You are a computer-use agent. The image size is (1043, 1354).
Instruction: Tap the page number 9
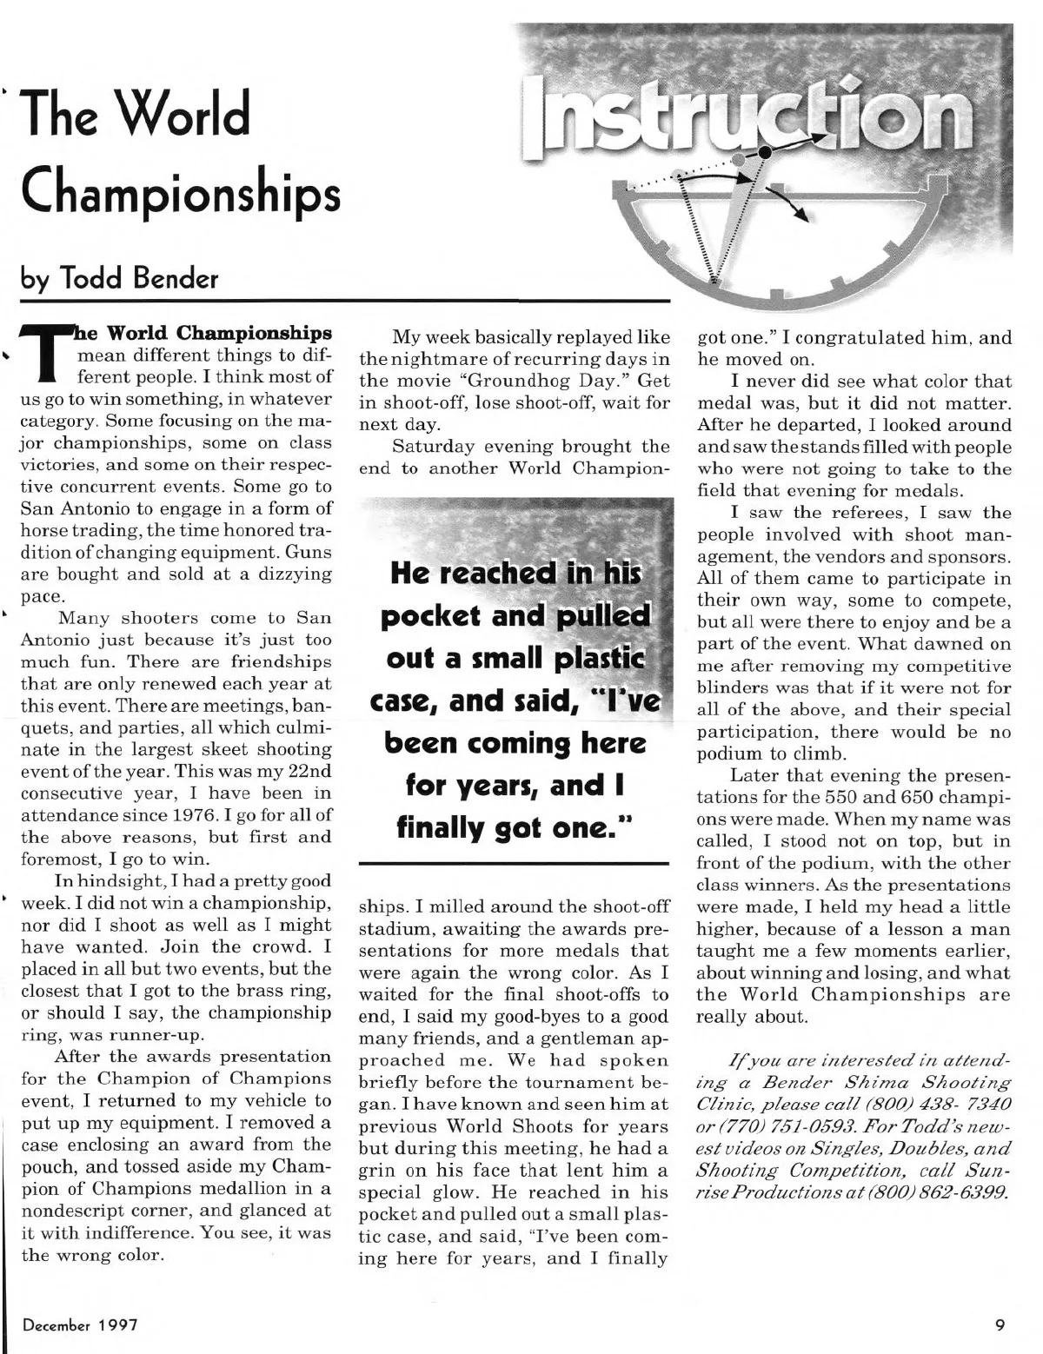pos(1001,1325)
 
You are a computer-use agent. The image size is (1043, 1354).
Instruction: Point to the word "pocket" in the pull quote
pos(438,616)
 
